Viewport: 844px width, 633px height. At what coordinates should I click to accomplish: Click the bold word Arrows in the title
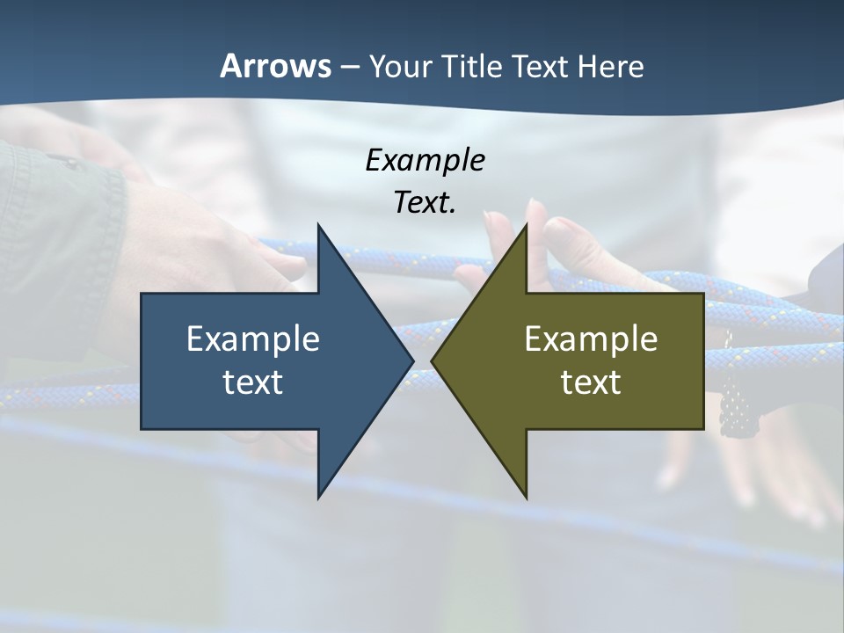[x=275, y=66]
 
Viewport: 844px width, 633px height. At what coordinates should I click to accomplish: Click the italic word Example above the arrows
[x=425, y=160]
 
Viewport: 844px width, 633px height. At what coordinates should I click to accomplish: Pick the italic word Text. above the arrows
[x=425, y=202]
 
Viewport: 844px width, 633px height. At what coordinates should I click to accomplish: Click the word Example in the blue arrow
[x=253, y=338]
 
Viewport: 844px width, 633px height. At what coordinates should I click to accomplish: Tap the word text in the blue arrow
[x=253, y=382]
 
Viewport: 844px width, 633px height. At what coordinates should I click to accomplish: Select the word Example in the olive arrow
[x=591, y=338]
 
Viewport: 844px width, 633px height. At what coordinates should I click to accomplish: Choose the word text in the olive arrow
[x=591, y=382]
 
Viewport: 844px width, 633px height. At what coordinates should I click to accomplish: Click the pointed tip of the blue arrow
[x=412, y=360]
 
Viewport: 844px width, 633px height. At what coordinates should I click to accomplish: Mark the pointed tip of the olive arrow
[x=433, y=360]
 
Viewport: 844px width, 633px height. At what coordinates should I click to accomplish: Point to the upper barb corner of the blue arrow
[x=318, y=226]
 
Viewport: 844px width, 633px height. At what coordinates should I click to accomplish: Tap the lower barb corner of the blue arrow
[x=318, y=497]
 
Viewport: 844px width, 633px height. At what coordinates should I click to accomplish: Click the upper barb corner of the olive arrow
[x=527, y=226]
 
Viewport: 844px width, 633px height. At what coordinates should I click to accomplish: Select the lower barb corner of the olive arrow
[x=527, y=497]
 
